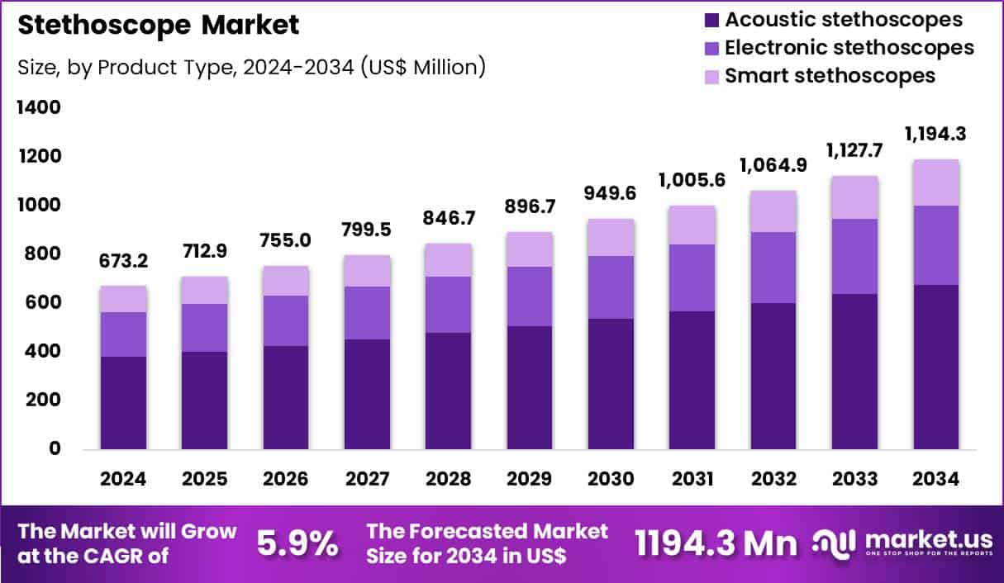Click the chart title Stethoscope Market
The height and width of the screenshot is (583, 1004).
tap(158, 25)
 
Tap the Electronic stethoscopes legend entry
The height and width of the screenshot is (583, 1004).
tap(849, 48)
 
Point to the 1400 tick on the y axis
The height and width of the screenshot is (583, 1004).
tap(39, 107)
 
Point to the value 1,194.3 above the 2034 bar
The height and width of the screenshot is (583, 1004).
tap(936, 134)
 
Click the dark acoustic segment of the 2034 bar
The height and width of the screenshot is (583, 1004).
tap(936, 367)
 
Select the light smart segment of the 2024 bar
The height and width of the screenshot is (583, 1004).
tap(124, 299)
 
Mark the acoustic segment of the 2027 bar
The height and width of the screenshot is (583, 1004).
tap(368, 394)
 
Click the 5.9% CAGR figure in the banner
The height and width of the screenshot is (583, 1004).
tap(297, 543)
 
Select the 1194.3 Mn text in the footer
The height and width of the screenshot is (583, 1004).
tap(716, 543)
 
